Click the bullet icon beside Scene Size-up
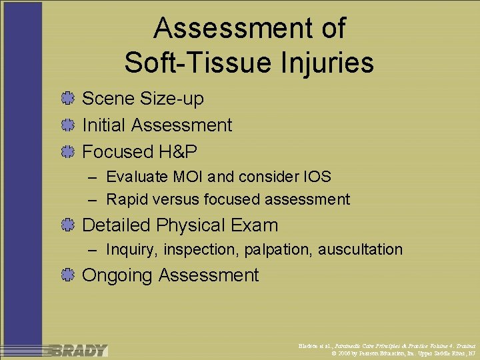(67, 99)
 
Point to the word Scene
(108, 99)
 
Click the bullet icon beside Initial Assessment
(67, 125)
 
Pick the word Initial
(104, 125)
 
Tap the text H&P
(178, 152)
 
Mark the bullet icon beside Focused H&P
(67, 152)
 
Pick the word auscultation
(360, 250)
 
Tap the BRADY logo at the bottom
(79, 350)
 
